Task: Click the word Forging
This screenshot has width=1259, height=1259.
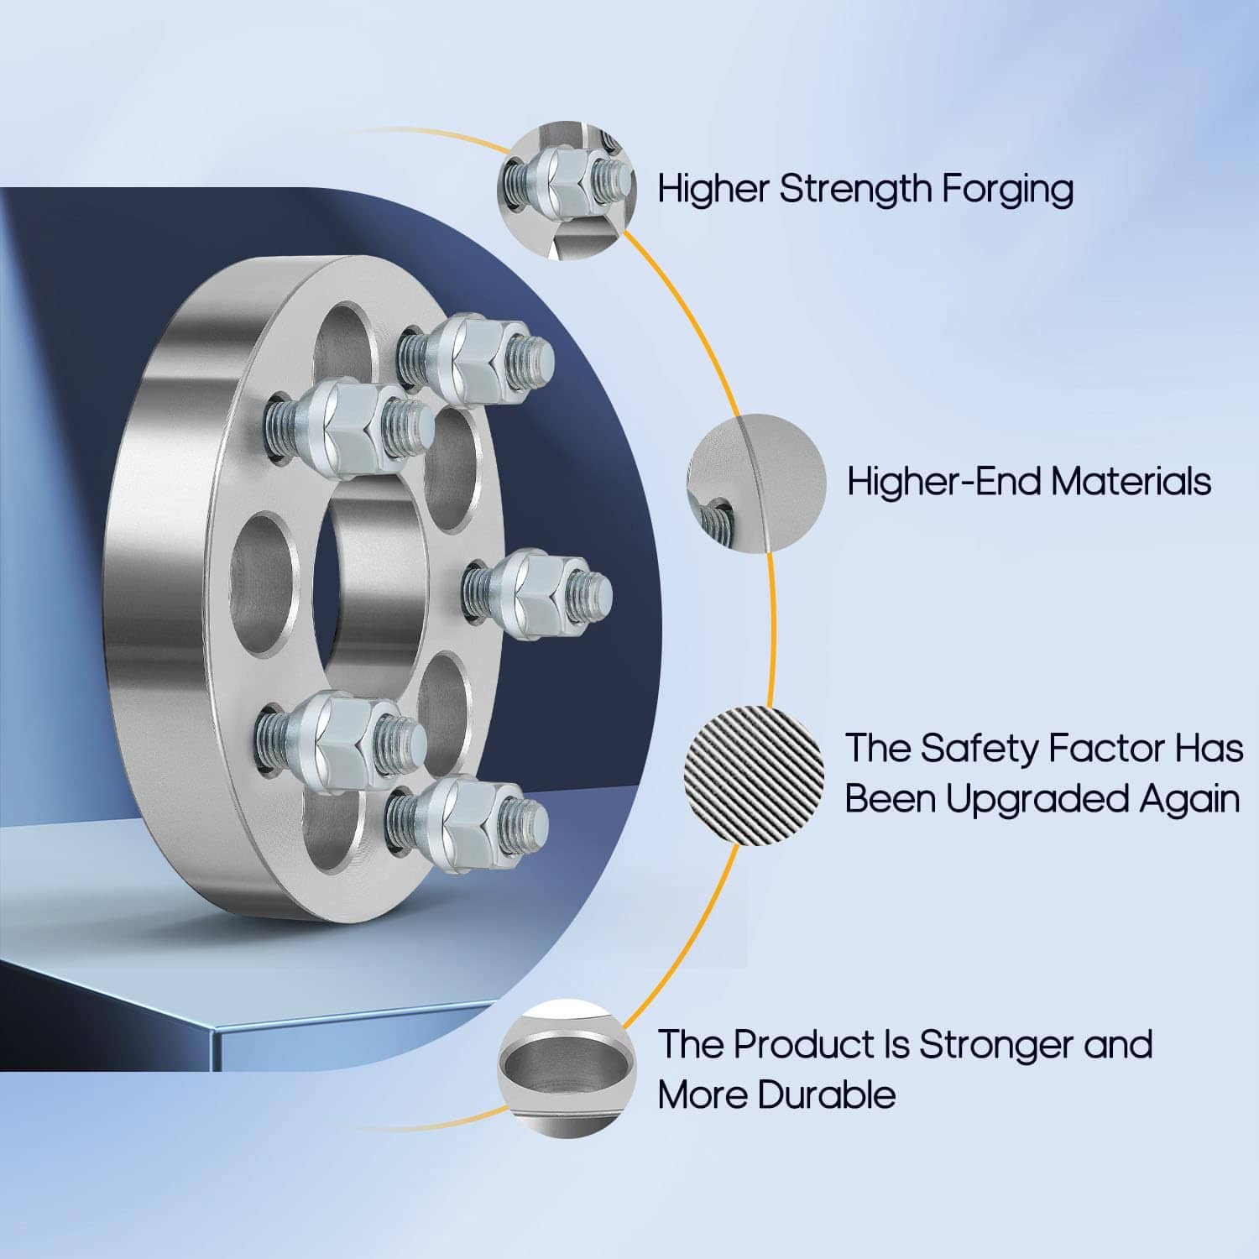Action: [1006, 190]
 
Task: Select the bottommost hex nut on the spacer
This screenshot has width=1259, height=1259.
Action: [462, 819]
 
